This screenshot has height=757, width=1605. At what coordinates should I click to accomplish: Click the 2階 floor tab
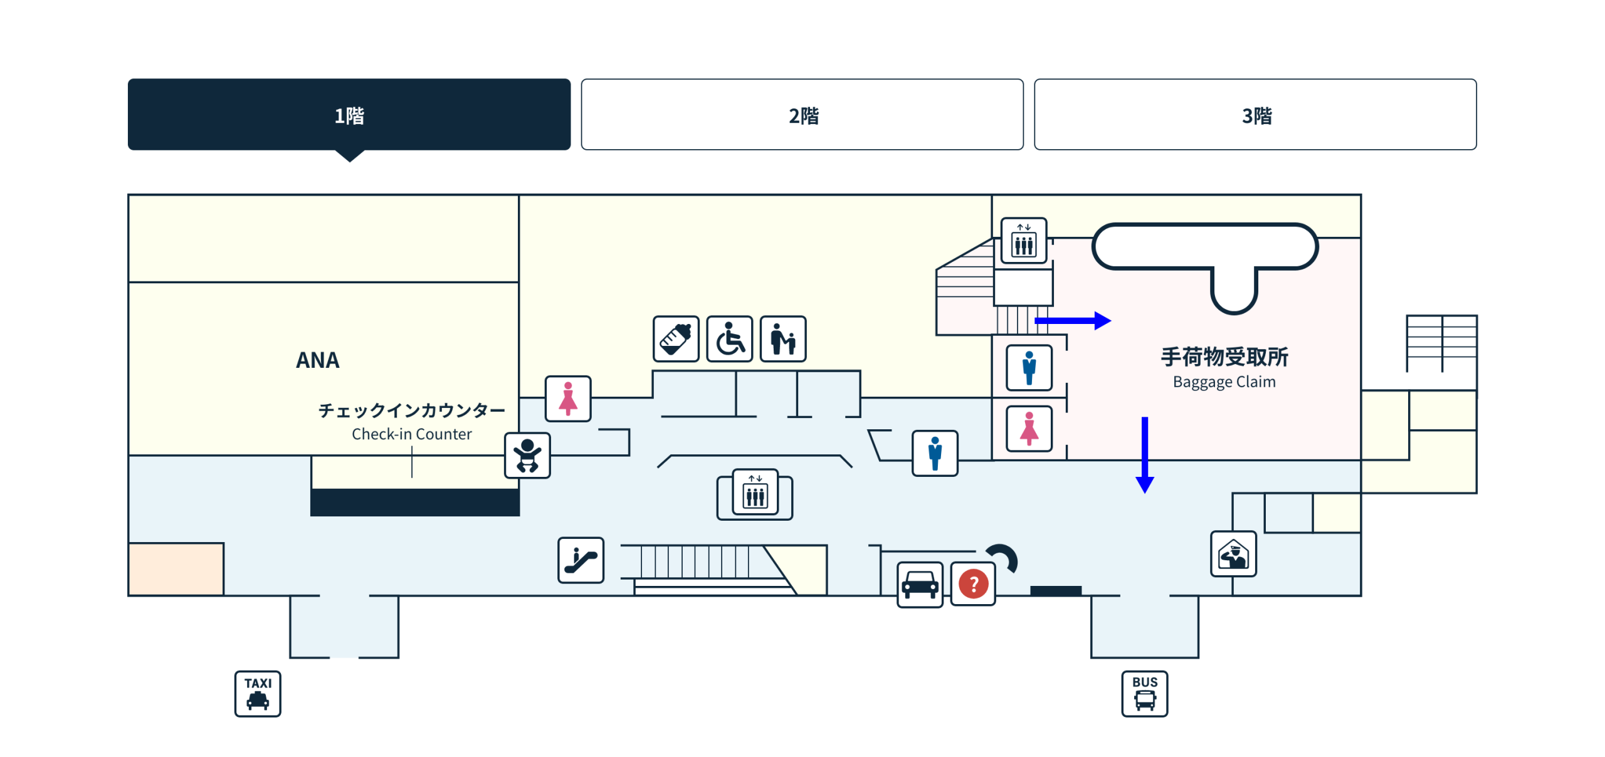802,114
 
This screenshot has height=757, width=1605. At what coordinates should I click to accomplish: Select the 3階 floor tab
1255,114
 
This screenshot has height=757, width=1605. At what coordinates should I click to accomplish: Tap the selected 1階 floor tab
349,114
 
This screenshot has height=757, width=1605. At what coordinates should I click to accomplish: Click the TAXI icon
258,694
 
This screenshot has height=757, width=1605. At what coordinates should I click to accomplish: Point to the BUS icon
1144,694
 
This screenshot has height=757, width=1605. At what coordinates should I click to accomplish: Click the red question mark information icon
973,584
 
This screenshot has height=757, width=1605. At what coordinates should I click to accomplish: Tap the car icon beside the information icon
920,585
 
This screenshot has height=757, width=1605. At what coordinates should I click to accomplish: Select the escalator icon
581,560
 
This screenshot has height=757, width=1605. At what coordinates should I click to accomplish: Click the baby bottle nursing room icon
676,338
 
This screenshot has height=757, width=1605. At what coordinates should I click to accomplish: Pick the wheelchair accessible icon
729,338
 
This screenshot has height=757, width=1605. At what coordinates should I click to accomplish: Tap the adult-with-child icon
783,338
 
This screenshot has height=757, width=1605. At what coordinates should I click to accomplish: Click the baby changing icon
527,455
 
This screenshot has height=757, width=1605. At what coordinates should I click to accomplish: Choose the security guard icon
1233,553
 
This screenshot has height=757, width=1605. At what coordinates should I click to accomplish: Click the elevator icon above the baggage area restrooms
1024,241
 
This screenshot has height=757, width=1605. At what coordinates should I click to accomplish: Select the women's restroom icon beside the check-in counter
568,399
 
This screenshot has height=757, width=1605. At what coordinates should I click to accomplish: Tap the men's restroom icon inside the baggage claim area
1029,368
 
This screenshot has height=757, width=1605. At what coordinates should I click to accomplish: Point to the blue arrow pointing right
1073,321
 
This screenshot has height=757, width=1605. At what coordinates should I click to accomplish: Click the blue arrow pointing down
1145,455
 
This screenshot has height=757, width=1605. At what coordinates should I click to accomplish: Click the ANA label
318,360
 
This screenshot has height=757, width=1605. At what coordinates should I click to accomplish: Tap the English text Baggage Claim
1224,382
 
